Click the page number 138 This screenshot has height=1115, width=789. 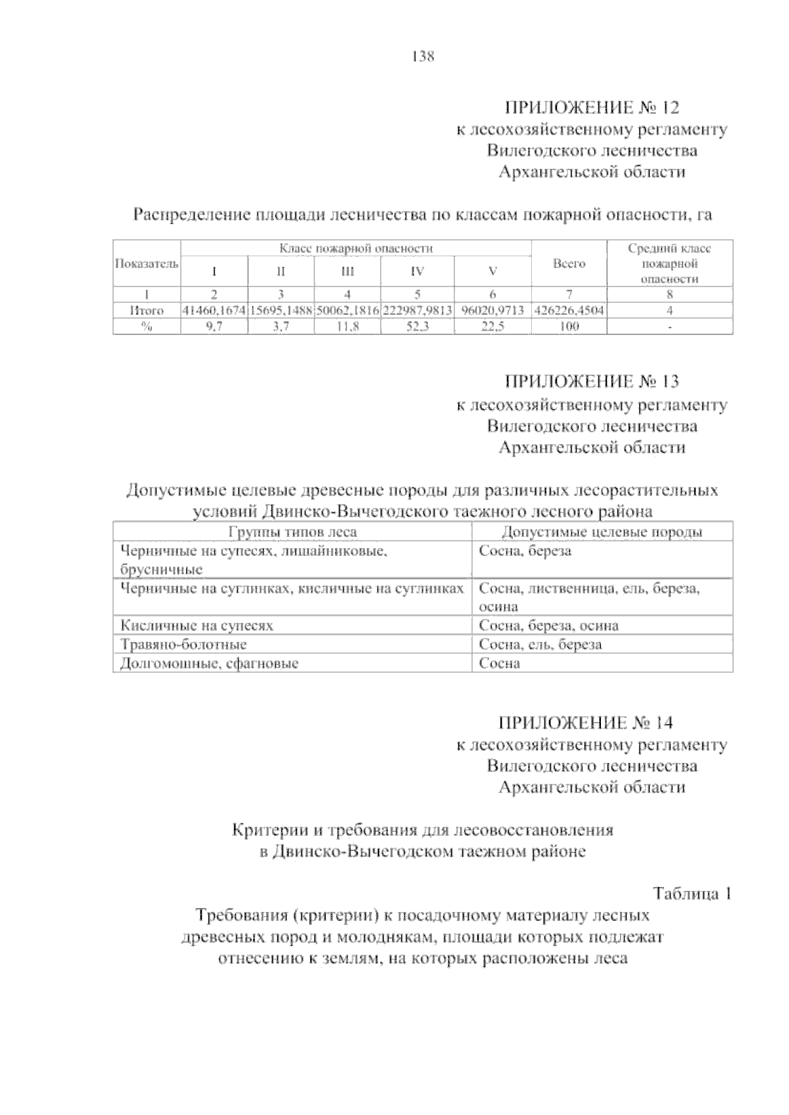423,57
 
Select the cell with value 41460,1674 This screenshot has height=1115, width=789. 214,310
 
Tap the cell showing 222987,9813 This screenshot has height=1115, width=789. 417,310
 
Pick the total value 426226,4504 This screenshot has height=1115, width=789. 569,310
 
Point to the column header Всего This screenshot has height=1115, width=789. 569,263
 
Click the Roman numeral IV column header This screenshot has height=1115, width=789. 417,271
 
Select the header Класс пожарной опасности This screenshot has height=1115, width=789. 356,248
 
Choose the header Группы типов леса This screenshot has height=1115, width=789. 292,532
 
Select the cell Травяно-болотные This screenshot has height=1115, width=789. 183,645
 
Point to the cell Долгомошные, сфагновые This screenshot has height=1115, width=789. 209,664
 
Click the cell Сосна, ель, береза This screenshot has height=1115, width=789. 540,645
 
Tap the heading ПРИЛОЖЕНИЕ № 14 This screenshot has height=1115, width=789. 586,723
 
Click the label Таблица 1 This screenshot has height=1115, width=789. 692,894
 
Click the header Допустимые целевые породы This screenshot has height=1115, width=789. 602,532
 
